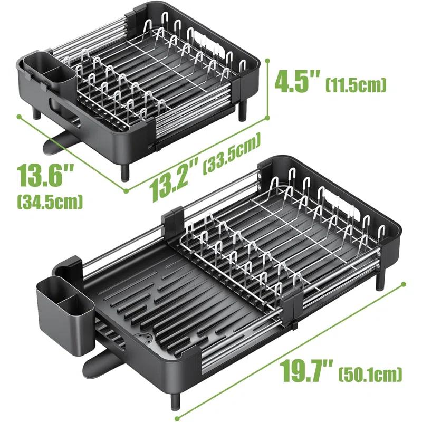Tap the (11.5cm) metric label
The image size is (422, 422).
(x=357, y=84)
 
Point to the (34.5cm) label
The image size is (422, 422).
(x=50, y=200)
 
